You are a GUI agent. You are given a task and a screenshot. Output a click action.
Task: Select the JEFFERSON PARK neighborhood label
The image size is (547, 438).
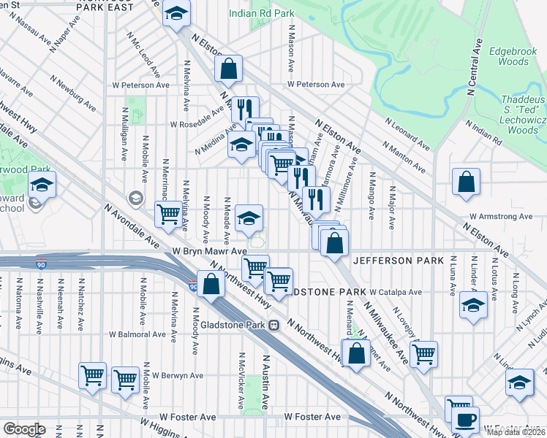pos(398,260)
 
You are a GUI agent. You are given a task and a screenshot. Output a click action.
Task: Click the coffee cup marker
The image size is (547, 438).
pos(466,421)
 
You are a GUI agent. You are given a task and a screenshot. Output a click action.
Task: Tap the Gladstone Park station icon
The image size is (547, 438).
pos(273,325)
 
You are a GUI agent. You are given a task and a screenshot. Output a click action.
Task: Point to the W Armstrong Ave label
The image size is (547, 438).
pos(501,217)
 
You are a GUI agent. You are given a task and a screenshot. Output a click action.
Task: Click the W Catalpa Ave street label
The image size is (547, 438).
pos(396,292)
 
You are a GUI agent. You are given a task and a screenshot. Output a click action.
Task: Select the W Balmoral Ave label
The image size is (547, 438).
pos(138,335)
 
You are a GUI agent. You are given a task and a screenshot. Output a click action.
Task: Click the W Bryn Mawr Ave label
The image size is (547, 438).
pos(209,250)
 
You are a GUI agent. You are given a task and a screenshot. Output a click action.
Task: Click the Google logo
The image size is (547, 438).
pos(24,429)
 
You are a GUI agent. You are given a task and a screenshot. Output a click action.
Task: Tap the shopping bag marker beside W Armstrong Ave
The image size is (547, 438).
pos(466,182)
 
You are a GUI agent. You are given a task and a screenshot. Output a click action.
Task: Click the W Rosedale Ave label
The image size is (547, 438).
pos(197,120)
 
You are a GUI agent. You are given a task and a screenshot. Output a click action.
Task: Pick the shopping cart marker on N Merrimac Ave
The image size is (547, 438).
pos(168,214)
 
